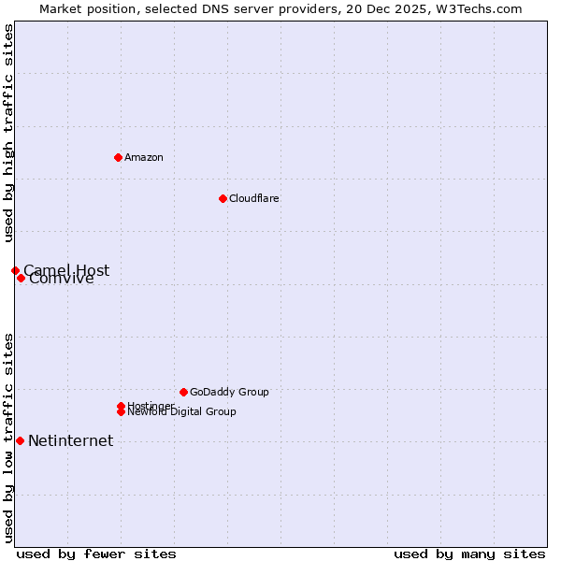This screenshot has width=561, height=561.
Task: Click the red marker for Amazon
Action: click(118, 157)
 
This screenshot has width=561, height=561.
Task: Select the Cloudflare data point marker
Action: click(223, 198)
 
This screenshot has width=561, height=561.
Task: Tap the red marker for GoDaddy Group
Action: click(183, 392)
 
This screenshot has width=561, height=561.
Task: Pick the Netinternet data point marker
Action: click(20, 440)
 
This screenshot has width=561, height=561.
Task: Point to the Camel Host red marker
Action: click(15, 270)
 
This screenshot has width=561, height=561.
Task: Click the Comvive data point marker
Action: click(21, 278)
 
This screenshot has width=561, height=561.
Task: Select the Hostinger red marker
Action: click(121, 406)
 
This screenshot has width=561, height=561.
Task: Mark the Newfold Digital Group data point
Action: click(122, 412)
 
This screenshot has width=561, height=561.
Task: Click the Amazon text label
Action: click(144, 157)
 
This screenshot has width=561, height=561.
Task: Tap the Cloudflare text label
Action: click(254, 198)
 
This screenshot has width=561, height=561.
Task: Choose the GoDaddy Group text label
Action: click(229, 392)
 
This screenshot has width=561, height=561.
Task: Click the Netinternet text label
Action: click(71, 441)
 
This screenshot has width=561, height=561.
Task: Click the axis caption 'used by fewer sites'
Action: click(96, 554)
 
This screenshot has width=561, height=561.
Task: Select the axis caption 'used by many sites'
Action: click(469, 554)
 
